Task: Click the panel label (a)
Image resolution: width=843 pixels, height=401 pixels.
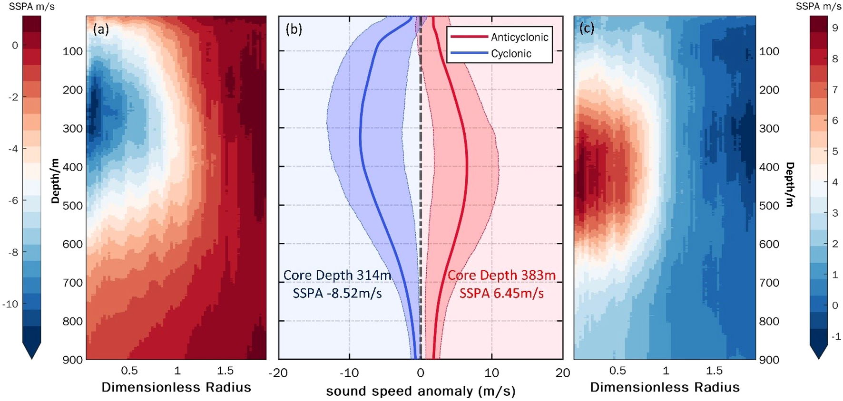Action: click(x=101, y=29)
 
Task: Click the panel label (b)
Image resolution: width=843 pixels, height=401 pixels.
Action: click(x=294, y=29)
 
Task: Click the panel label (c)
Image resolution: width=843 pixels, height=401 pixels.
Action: click(x=586, y=29)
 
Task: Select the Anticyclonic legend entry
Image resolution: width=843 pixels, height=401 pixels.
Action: click(x=520, y=37)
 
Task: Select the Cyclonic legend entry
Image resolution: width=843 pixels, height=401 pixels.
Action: click(x=511, y=54)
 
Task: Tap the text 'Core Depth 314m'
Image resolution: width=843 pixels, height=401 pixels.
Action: click(x=337, y=276)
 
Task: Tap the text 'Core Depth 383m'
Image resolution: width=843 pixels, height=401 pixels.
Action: click(x=501, y=276)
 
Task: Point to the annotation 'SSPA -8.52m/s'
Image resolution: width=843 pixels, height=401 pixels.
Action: click(x=337, y=294)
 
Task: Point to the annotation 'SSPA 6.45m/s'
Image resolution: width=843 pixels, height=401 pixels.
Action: click(x=501, y=294)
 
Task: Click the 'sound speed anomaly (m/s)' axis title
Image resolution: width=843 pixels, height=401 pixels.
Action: click(x=421, y=391)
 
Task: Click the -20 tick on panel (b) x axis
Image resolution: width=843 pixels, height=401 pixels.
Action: click(x=278, y=373)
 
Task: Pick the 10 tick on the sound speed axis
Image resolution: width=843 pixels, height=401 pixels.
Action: click(x=491, y=373)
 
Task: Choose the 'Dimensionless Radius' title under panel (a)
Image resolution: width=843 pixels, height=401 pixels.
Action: click(x=176, y=388)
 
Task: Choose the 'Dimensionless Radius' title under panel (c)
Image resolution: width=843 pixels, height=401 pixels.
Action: click(x=665, y=388)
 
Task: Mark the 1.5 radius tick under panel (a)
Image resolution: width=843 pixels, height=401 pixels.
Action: click(x=225, y=371)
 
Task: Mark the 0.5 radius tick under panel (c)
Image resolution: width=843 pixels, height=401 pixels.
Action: click(x=618, y=371)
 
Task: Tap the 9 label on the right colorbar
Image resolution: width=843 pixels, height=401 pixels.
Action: click(x=835, y=28)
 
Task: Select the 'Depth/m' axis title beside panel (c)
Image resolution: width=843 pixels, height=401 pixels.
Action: click(x=790, y=184)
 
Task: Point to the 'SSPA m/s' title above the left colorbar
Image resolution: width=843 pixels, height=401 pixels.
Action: click(x=32, y=7)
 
